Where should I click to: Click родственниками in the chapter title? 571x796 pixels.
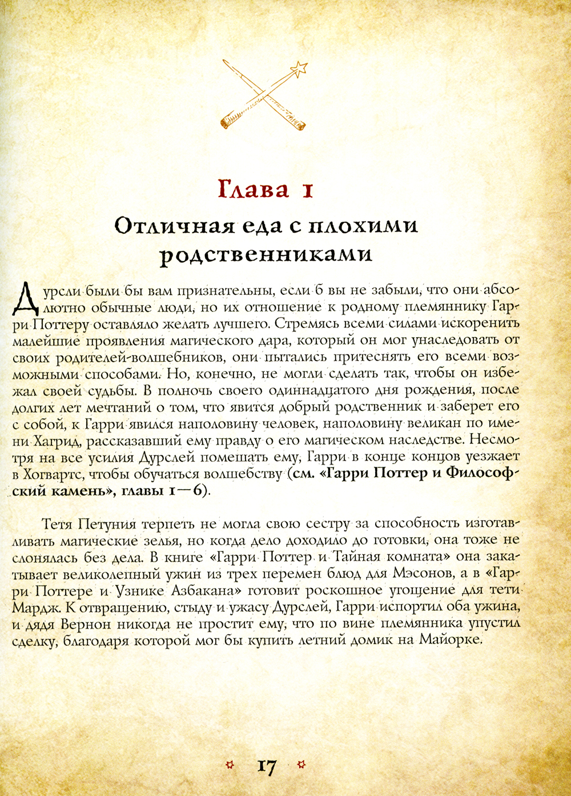point(266,255)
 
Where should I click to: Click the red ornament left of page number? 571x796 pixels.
point(230,765)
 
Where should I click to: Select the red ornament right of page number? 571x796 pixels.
point(302,765)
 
